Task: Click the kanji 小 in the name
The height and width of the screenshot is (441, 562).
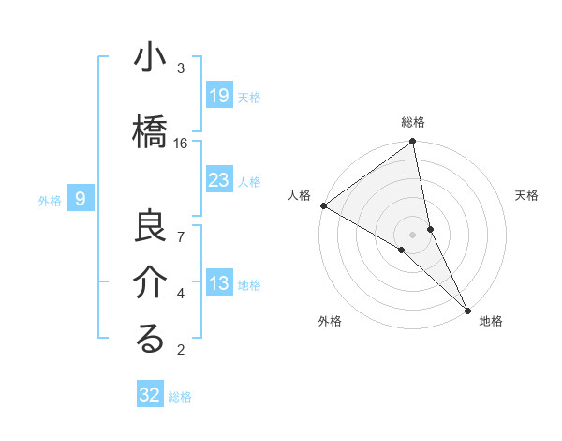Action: tap(150, 59)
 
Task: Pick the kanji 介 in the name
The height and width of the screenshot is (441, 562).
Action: tap(150, 282)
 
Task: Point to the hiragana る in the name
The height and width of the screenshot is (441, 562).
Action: tap(150, 339)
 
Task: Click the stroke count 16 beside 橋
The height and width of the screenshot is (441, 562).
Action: tap(181, 143)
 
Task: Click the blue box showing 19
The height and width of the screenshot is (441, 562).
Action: tap(218, 95)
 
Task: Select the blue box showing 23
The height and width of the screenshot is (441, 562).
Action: tap(218, 180)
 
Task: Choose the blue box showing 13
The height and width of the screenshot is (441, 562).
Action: tap(218, 284)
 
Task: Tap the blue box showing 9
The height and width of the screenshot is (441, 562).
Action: tap(81, 198)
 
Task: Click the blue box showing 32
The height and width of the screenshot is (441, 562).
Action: tap(150, 395)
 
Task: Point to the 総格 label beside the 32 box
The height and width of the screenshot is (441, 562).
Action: tap(180, 397)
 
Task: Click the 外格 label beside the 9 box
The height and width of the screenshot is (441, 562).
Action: tap(50, 200)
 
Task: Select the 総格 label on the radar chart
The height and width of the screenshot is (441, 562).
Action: tap(413, 122)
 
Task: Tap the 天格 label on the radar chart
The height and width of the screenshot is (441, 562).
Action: tap(527, 195)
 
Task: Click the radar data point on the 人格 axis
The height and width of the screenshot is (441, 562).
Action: tap(323, 205)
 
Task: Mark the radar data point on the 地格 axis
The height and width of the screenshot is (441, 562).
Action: tap(467, 309)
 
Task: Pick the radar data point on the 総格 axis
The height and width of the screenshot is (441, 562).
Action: tap(413, 143)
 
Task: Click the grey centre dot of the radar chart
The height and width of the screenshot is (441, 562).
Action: tap(413, 234)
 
